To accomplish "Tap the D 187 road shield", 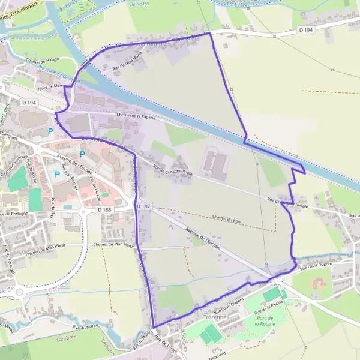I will click(x=143, y=206).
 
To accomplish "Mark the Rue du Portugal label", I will click(x=8, y=259).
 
